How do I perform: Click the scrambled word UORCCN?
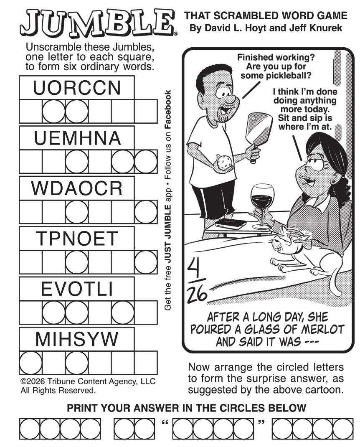[x=77, y=88]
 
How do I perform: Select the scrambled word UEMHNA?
[x=77, y=138]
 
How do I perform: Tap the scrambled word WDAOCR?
[x=77, y=188]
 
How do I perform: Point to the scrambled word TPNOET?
[x=77, y=238]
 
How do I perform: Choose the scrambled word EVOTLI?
[x=77, y=289]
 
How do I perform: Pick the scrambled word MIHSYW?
[x=77, y=339]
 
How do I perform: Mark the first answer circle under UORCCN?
[x=53, y=111]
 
